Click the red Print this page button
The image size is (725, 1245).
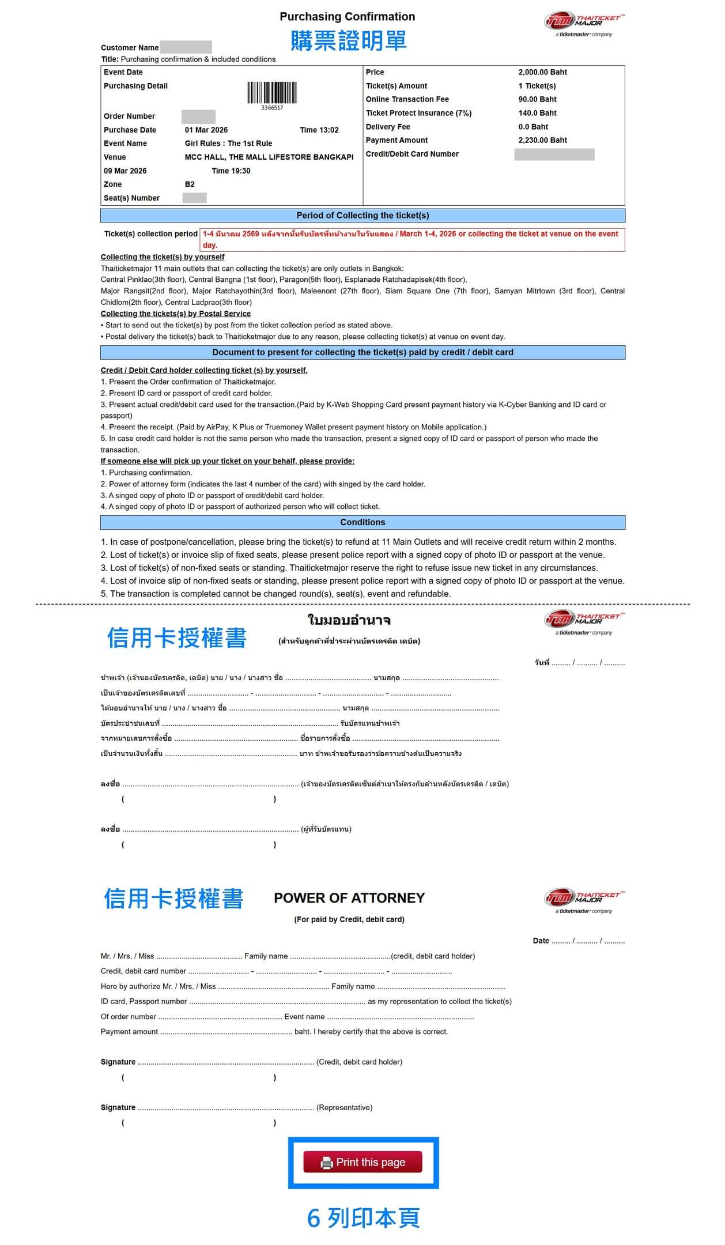click(x=363, y=1162)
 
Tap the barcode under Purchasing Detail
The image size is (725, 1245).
click(x=272, y=93)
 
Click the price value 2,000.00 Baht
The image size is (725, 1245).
click(x=542, y=72)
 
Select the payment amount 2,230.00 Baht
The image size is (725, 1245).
click(x=542, y=140)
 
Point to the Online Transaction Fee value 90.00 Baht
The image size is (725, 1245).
click(x=537, y=99)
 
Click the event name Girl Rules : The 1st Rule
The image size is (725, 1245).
click(x=228, y=144)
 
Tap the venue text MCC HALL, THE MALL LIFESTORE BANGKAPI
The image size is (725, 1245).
click(x=269, y=157)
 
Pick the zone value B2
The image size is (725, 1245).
click(x=190, y=184)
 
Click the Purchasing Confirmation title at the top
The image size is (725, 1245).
click(x=347, y=17)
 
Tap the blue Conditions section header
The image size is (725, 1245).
click(x=363, y=522)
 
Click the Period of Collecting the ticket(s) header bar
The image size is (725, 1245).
click(x=363, y=216)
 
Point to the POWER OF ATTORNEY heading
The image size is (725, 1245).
click(x=349, y=898)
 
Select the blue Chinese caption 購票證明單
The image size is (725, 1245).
click(x=349, y=41)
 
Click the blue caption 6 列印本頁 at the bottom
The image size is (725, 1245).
click(x=363, y=1218)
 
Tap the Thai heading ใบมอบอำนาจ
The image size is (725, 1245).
click(x=349, y=620)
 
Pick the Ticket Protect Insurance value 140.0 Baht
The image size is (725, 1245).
click(x=537, y=113)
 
